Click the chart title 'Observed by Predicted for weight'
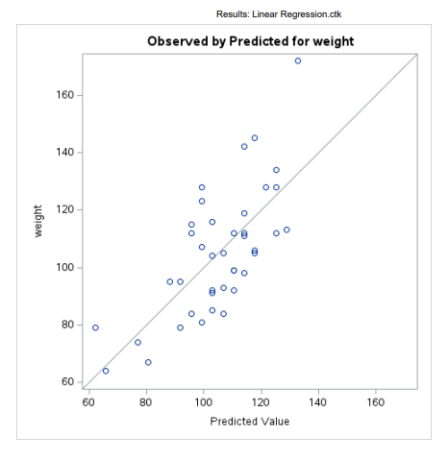click(250, 42)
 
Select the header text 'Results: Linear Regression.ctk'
click(279, 14)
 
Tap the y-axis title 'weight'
click(39, 222)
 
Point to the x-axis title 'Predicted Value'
click(249, 421)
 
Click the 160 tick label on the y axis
click(66, 96)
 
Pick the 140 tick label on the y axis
click(66, 153)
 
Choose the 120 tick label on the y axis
click(66, 209)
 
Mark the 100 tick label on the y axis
click(66, 267)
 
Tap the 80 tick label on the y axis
click(69, 325)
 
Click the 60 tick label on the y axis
click(69, 381)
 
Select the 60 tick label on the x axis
click(88, 401)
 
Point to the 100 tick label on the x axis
click(203, 401)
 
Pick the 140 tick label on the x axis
click(318, 401)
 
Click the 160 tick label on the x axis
click(375, 401)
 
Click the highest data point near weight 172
click(297, 61)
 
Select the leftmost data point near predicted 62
click(95, 328)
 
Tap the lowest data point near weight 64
click(106, 371)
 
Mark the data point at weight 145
click(255, 138)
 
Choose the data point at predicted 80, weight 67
click(148, 362)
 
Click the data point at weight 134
click(276, 170)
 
